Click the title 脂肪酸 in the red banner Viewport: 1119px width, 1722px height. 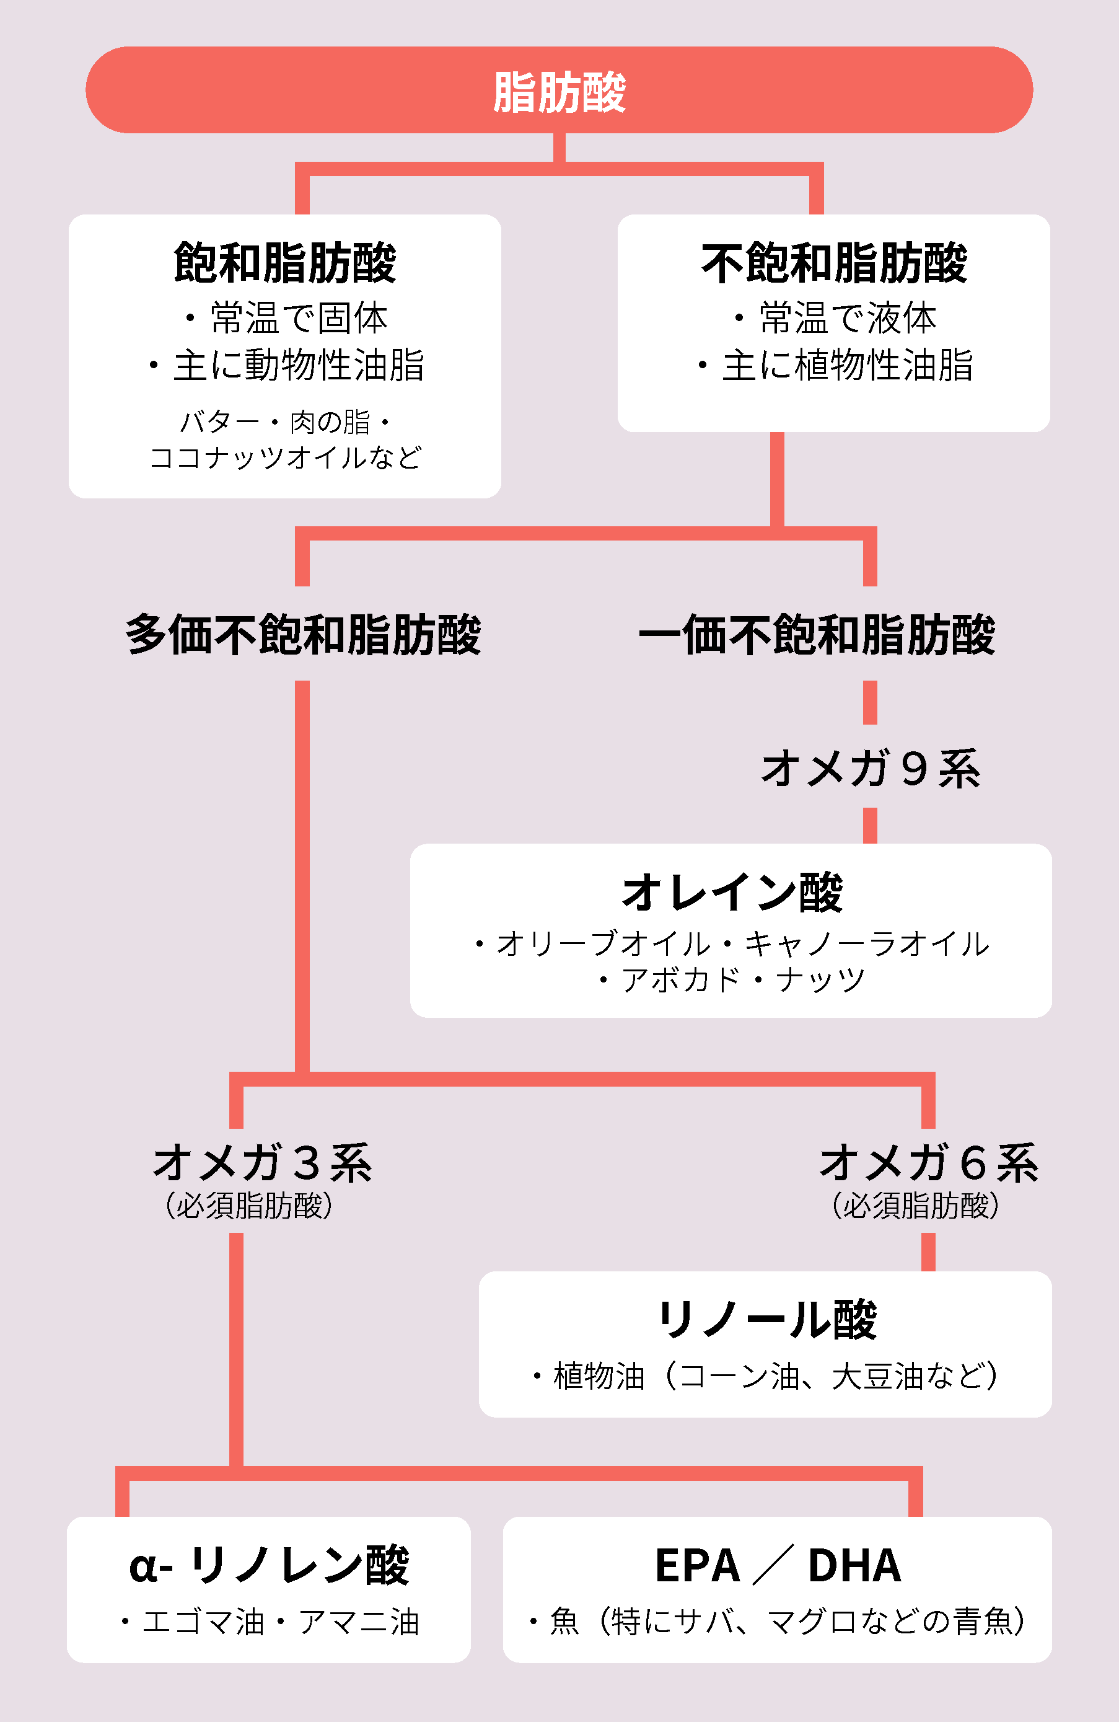pyautogui.click(x=559, y=92)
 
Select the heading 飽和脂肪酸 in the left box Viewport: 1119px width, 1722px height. pyautogui.click(x=285, y=263)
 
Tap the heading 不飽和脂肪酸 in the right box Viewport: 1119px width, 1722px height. pyautogui.click(x=834, y=263)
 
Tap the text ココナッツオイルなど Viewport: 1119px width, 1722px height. pyautogui.click(x=285, y=457)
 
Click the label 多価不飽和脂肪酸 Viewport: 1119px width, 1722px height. pyautogui.click(x=303, y=635)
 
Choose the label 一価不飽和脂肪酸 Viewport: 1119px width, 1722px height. pyautogui.click(x=817, y=635)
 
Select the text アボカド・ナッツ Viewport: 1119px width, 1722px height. pyautogui.click(x=743, y=981)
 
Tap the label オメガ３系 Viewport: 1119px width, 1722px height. pyautogui.click(x=262, y=1163)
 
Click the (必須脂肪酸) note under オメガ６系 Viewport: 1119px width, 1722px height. pyautogui.click(x=915, y=1206)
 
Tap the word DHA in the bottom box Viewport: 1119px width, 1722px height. pyautogui.click(x=854, y=1566)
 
